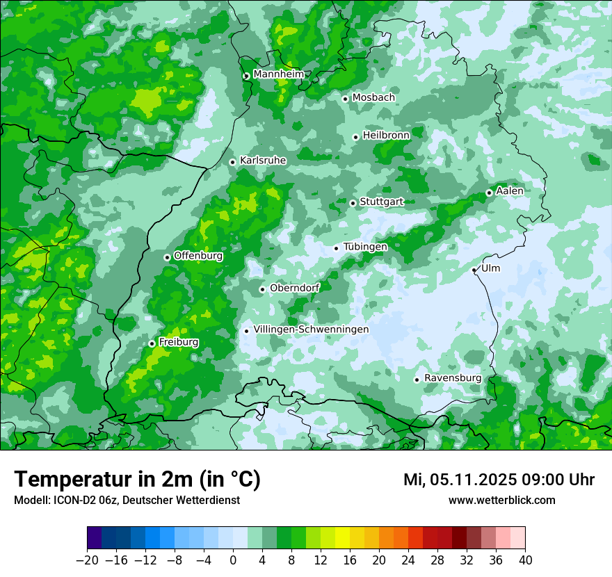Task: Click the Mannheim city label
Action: (x=277, y=74)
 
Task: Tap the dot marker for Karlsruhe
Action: (x=233, y=162)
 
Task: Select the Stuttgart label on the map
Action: (x=381, y=202)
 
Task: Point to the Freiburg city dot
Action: (x=152, y=343)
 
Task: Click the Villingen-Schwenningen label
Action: (x=311, y=330)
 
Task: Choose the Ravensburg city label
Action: (x=453, y=378)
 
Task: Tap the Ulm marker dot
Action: (x=474, y=270)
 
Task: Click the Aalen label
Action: (x=510, y=191)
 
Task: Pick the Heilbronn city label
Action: (x=386, y=136)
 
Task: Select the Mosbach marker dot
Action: (x=345, y=99)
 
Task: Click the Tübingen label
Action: (x=365, y=247)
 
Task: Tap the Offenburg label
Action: (x=198, y=256)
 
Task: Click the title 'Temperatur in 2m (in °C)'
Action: (x=137, y=480)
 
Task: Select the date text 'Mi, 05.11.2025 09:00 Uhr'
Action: (x=499, y=480)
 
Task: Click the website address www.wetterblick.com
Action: (x=501, y=501)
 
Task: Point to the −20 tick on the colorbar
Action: (x=87, y=560)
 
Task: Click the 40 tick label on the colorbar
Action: (x=525, y=560)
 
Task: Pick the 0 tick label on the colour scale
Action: (x=233, y=560)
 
